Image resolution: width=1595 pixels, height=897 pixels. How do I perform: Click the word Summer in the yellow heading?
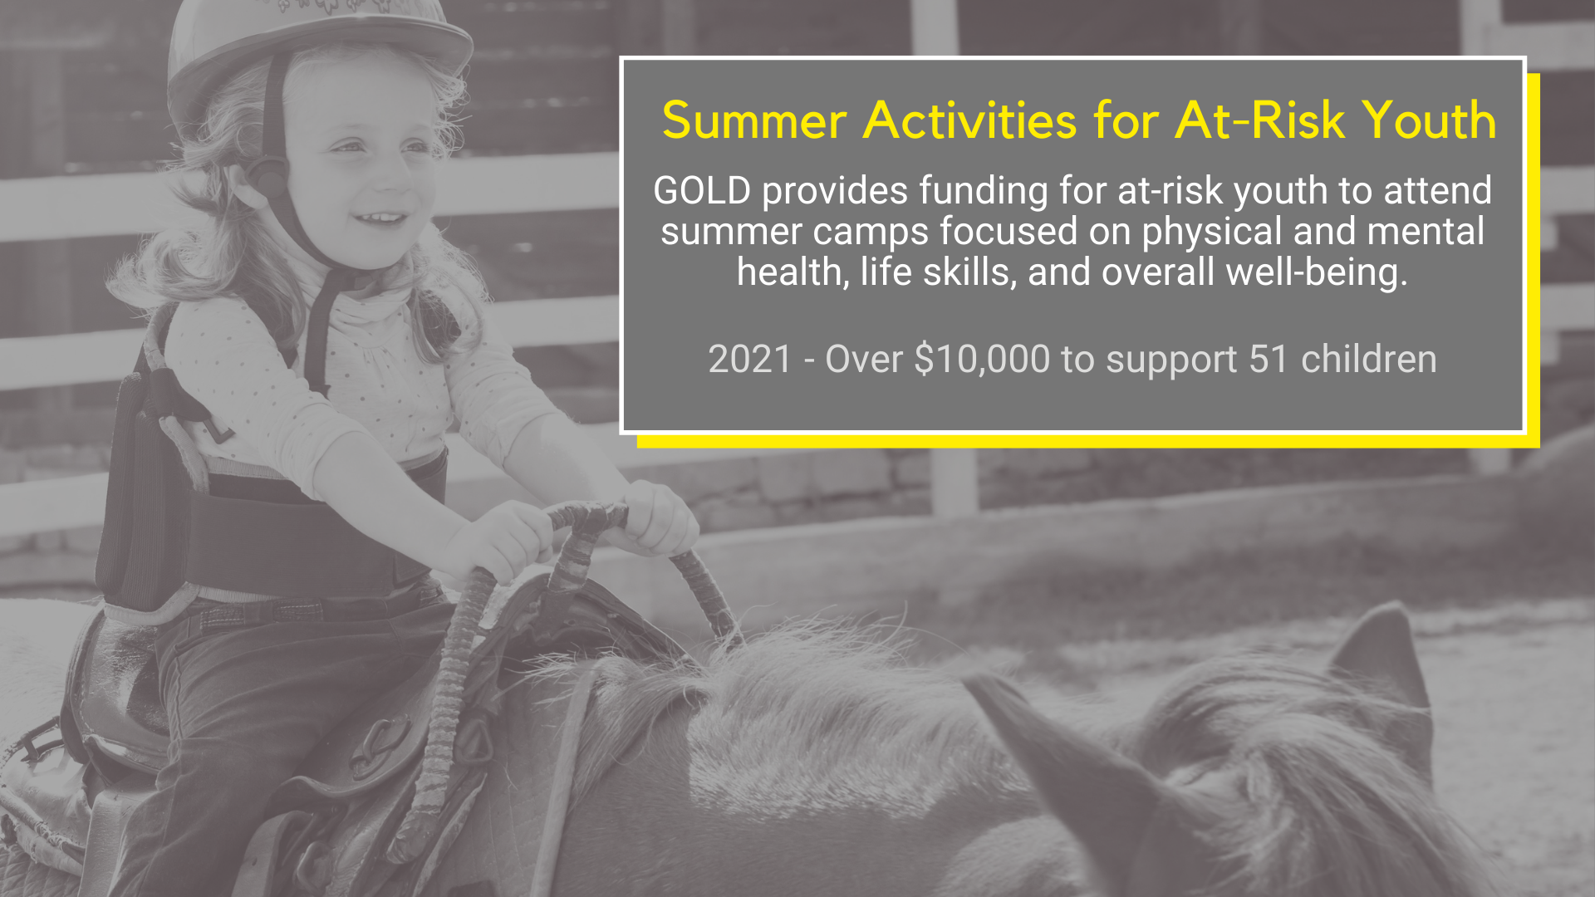[754, 121]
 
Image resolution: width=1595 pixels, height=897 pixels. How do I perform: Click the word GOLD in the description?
[702, 191]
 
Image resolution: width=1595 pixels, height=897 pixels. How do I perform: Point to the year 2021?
[750, 360]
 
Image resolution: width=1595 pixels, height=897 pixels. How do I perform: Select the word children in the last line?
[1369, 360]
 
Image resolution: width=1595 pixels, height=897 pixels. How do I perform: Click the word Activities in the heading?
[970, 121]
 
